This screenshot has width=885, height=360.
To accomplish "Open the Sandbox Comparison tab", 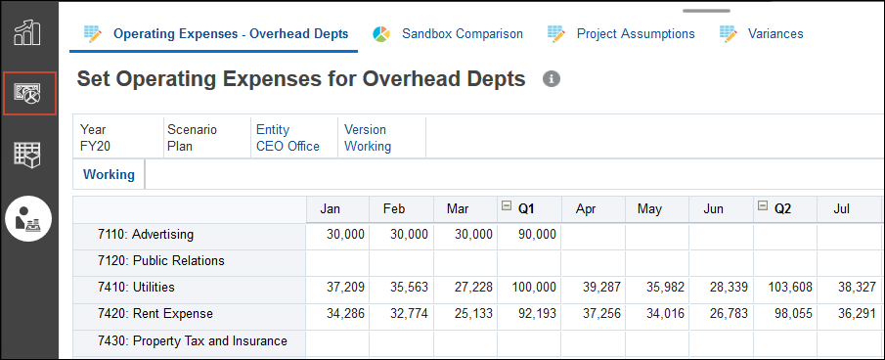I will tap(462, 33).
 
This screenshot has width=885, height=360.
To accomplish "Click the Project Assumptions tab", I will tap(635, 33).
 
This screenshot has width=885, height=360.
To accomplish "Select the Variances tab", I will tap(774, 33).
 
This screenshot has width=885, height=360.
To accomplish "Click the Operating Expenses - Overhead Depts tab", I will tap(230, 33).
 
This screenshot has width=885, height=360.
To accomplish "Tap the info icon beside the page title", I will tap(551, 78).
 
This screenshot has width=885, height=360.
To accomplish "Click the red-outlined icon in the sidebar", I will tap(28, 94).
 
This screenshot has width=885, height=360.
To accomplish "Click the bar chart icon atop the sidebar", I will tap(27, 31).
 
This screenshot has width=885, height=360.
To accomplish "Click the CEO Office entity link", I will tap(288, 147).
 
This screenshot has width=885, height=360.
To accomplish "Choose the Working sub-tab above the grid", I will tap(109, 175).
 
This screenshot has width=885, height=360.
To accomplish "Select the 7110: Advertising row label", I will tap(146, 235).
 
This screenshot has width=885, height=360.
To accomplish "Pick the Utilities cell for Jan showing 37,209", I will tap(338, 288).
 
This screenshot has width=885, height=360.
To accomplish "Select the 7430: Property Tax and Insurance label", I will tap(193, 341).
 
